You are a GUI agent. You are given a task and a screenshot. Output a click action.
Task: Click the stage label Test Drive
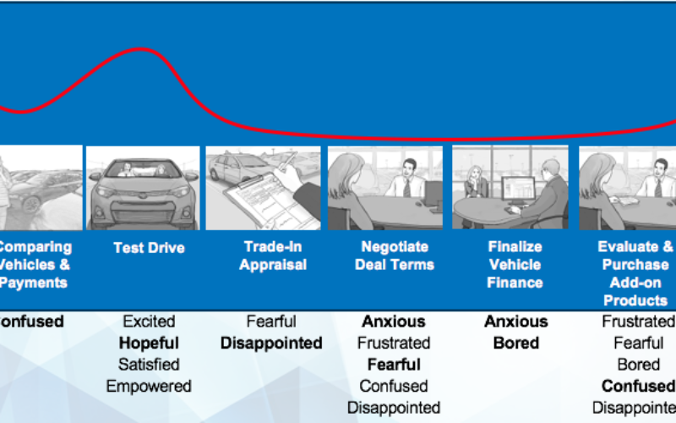tap(149, 248)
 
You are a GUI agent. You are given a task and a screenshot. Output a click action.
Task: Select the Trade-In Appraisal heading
tap(271, 255)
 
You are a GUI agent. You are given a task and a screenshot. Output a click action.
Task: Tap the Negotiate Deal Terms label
tap(394, 255)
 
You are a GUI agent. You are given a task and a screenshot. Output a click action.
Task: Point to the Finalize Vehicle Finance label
tap(515, 264)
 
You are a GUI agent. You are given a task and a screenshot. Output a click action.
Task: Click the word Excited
tap(149, 321)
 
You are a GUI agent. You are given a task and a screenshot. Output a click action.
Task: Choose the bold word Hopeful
tap(149, 343)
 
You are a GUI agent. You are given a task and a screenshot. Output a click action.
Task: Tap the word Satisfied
tap(149, 365)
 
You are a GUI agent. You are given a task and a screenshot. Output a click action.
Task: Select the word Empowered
tap(149, 386)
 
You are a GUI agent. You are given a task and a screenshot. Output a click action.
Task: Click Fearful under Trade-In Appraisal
tap(271, 321)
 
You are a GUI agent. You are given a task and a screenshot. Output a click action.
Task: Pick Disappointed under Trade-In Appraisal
tap(271, 343)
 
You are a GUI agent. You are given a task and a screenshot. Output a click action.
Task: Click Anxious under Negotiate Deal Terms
tap(394, 321)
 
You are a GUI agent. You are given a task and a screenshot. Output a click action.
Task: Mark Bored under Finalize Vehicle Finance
tap(515, 343)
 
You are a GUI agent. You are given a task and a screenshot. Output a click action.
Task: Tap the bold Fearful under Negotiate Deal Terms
tap(394, 365)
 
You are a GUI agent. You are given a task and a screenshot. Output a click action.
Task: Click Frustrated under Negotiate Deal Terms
tap(394, 343)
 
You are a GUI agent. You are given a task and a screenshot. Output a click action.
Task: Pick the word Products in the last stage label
tap(635, 299)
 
